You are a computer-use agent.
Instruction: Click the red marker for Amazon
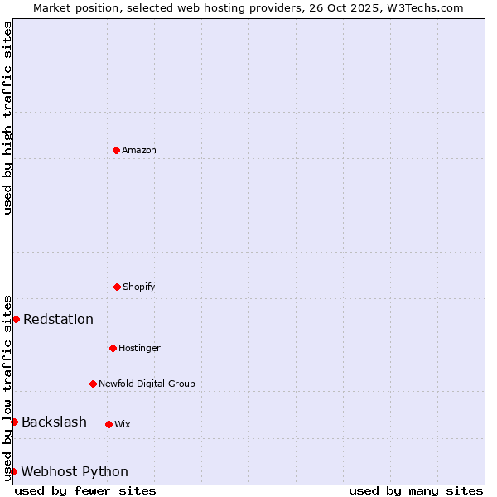coord(116,150)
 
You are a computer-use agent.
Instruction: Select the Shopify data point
coord(117,287)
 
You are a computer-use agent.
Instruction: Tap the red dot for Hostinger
coord(113,348)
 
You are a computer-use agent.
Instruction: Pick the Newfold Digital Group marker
coord(93,384)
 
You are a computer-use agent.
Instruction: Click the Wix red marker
coord(109,424)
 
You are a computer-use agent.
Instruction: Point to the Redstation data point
coord(16,319)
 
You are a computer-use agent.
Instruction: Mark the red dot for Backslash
coord(14,422)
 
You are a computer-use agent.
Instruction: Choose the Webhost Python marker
coord(13,471)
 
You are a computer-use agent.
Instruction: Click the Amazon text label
coord(139,150)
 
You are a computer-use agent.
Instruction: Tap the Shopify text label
coord(139,287)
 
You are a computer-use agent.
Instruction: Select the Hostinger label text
coord(139,348)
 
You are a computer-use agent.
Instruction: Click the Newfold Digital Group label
coord(147,384)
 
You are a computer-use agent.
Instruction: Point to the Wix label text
coord(123,424)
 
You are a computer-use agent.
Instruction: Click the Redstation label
coord(58,320)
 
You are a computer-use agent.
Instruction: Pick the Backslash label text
coord(54,422)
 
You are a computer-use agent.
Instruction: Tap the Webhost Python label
coord(75,472)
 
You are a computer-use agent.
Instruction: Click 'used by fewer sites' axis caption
coord(85,490)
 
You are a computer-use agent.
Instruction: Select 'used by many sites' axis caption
coord(416,490)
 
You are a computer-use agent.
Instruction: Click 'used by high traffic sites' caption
coord(7,118)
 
